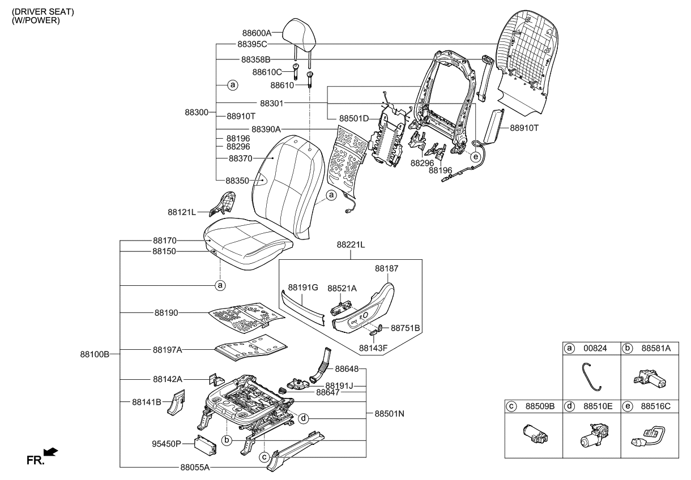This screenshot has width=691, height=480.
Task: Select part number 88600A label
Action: pyautogui.click(x=256, y=33)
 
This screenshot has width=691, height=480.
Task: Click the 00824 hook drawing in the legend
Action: pyautogui.click(x=591, y=376)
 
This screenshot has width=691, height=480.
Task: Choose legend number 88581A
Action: pyautogui.click(x=656, y=349)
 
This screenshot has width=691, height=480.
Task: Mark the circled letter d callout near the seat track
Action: pyautogui.click(x=304, y=419)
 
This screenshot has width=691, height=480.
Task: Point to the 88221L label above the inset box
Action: pyautogui.click(x=351, y=245)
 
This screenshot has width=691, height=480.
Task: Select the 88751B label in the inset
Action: pyautogui.click(x=406, y=328)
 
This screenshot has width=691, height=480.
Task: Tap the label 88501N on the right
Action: pyautogui.click(x=390, y=414)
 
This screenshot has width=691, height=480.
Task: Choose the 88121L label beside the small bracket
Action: pyautogui.click(x=181, y=212)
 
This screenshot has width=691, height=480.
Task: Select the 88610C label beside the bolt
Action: pyautogui.click(x=267, y=72)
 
